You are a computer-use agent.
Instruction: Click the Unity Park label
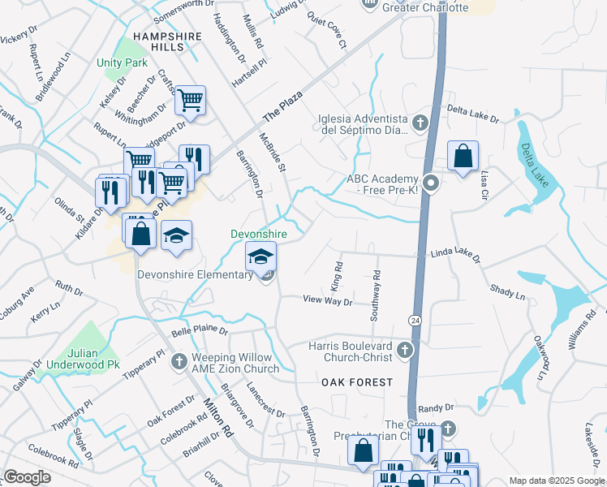coord(123,62)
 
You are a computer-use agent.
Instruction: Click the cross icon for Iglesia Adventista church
coord(420,123)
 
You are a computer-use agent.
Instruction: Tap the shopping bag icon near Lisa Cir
coord(462,156)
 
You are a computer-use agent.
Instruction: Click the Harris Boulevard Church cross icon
coord(405,351)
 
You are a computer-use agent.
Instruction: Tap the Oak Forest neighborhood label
coord(356,381)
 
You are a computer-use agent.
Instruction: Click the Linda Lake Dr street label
coord(455,256)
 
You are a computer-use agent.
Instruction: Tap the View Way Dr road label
coord(328,301)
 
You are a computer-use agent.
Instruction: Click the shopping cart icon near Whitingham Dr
coord(190,101)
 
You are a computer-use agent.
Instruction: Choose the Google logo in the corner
coord(28,477)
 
